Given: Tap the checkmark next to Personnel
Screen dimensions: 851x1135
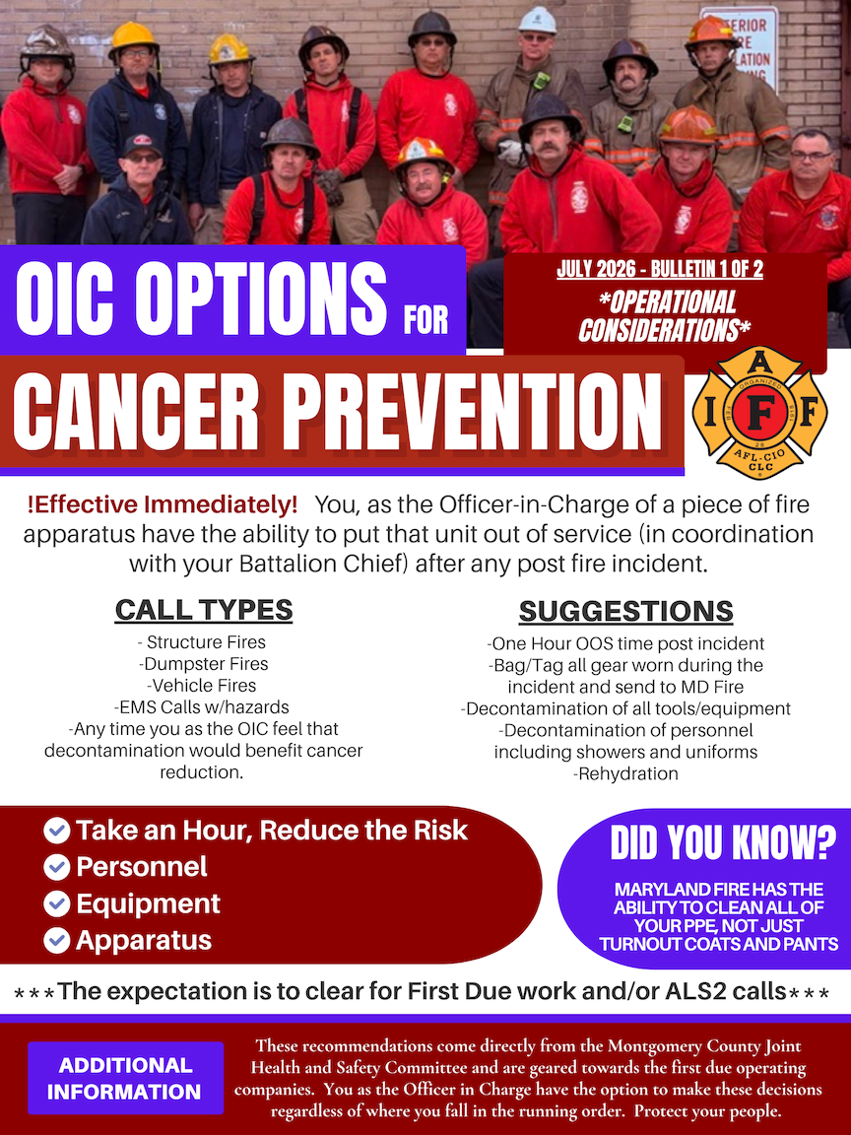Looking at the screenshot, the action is click(x=56, y=867).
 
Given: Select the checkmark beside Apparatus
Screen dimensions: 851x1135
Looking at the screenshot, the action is click(x=56, y=940).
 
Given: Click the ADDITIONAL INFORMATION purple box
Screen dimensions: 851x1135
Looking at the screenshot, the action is click(x=125, y=1078).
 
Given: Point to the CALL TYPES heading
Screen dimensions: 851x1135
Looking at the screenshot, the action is click(x=203, y=610).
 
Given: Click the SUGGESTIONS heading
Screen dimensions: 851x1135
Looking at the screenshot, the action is click(x=626, y=612).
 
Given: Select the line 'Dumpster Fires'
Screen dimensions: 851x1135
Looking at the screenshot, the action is click(x=203, y=664).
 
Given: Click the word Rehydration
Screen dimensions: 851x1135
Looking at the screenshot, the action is click(x=626, y=773).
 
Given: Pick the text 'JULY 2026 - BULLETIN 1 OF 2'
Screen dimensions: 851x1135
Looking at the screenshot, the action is click(x=660, y=270).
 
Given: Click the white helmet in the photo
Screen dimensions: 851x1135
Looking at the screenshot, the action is click(x=537, y=21).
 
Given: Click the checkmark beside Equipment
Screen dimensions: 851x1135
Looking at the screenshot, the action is click(x=56, y=903).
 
